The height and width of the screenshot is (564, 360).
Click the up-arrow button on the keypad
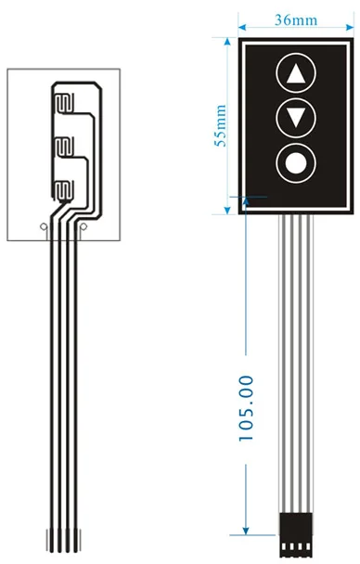(296, 74)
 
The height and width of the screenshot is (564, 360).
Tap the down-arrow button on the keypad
(296, 118)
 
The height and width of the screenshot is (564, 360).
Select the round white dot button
(296, 163)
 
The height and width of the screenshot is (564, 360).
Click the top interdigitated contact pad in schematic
(62, 100)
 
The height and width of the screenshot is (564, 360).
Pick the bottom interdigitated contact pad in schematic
(62, 192)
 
